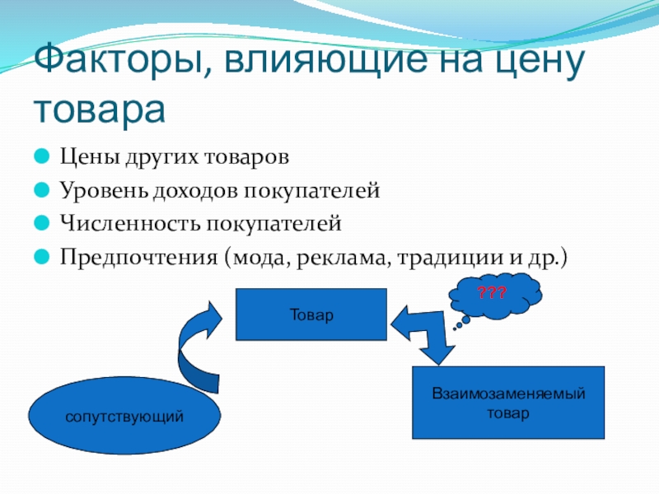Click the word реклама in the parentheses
[348, 258]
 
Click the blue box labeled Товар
[311, 314]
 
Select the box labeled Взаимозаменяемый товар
[508, 402]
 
